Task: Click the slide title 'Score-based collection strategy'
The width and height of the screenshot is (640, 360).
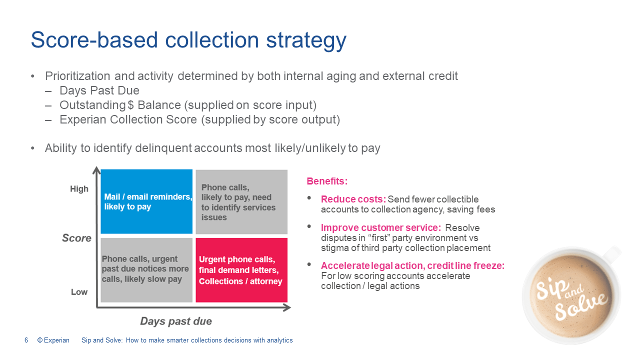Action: [x=188, y=40]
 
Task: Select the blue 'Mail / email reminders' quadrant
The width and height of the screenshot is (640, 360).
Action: [x=146, y=201]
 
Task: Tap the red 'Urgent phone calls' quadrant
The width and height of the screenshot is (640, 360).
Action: [x=241, y=270]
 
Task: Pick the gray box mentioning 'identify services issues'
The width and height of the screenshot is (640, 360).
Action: [x=241, y=201]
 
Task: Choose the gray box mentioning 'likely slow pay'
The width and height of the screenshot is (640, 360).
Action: [x=146, y=270]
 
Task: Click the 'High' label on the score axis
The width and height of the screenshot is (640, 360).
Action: [x=79, y=189]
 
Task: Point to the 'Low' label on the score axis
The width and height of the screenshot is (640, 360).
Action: [x=79, y=292]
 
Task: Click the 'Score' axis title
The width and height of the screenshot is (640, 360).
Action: [x=76, y=238]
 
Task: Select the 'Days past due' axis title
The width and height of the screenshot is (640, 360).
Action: [x=176, y=321]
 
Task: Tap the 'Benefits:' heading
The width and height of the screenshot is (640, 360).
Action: [x=327, y=181]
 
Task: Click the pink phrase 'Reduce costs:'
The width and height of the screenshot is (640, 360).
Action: [x=353, y=199]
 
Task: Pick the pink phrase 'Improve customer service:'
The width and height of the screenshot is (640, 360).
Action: [x=381, y=227]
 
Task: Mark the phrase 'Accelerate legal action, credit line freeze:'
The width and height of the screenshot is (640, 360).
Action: [x=413, y=265]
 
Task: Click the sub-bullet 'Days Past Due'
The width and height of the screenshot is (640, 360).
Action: [x=99, y=90]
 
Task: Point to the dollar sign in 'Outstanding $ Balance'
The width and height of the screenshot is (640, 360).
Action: [x=130, y=105]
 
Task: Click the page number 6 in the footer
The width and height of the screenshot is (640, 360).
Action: [x=26, y=340]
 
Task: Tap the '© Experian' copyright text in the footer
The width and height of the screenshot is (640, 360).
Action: [x=53, y=340]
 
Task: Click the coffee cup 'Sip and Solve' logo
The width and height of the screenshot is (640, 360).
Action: [x=571, y=295]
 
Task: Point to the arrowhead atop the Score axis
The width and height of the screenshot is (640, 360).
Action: [x=96, y=170]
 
